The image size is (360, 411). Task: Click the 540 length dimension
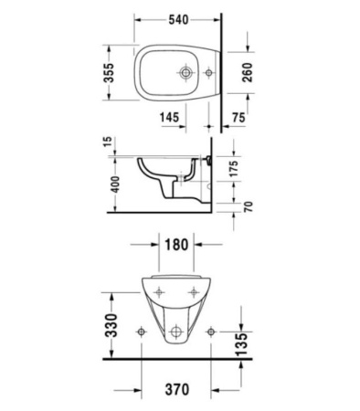coord(178,17)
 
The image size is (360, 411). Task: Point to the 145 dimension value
coord(167,118)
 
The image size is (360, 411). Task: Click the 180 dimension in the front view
coord(178,246)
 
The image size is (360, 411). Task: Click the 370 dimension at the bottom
coord(178,390)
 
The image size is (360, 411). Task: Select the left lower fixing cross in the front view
coord(143,330)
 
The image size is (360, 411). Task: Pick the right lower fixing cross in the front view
coord(211,330)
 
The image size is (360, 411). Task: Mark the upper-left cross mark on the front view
coord(160,292)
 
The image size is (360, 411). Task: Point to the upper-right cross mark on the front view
coord(195,292)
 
